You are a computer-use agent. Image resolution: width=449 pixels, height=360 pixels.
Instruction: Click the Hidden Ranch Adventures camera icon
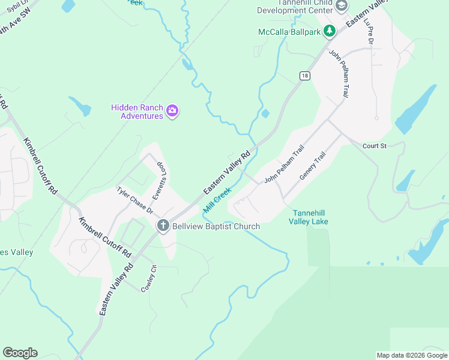coord(172,110)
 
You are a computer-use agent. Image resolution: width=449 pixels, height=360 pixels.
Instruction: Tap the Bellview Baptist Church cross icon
coord(163,226)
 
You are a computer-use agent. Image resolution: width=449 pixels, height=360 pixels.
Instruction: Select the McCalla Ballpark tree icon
coord(329,31)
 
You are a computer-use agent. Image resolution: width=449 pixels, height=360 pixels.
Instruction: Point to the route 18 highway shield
coord(306,76)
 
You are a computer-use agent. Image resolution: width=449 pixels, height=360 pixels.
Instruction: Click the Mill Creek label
coord(217,200)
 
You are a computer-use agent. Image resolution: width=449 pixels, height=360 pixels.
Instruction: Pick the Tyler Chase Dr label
coord(135,200)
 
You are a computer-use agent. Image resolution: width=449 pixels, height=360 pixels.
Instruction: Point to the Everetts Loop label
coord(160,179)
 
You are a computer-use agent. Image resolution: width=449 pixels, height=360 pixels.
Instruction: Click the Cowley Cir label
coord(148,278)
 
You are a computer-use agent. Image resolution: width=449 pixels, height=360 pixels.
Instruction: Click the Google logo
coord(20,353)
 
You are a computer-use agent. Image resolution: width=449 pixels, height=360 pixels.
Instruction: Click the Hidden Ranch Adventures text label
coord(137,112)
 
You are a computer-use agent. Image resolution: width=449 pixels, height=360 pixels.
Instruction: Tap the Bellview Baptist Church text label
coord(216,226)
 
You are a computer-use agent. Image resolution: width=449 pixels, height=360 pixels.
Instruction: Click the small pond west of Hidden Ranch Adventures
coord(80,106)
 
